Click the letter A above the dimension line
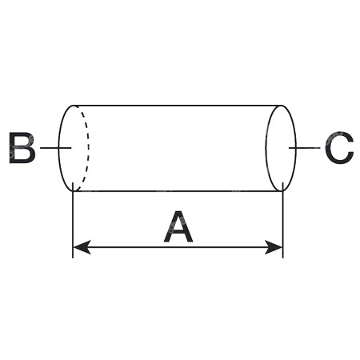178,226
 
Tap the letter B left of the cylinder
22,147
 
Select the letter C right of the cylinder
340,147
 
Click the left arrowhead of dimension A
82,247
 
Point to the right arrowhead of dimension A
274,247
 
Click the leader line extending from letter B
56,147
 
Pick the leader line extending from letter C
305,147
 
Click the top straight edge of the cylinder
178,106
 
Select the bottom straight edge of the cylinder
178,191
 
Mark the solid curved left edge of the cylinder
59,148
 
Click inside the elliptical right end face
281,148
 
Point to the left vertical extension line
73,220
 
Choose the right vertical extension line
282,220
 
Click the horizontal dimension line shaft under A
178,247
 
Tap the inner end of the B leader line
71,147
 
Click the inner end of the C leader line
290,147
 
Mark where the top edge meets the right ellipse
282,106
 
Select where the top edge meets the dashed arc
76,106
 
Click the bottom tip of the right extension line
282,258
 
